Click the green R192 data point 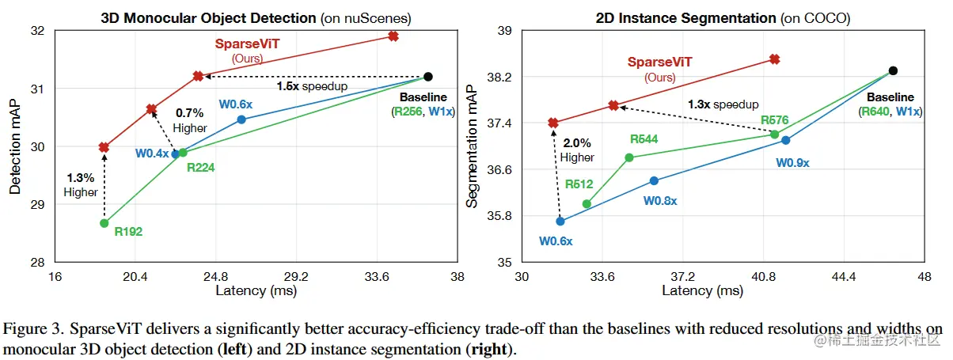[104, 223]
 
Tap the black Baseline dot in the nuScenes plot [428, 77]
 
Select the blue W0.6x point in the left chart [241, 119]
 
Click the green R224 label [199, 167]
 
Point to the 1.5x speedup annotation [312, 85]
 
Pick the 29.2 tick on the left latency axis [296, 278]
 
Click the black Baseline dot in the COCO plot [893, 70]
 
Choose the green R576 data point [775, 135]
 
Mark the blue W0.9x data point [785, 140]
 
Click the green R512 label [579, 185]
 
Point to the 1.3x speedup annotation [723, 104]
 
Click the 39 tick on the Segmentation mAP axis [504, 31]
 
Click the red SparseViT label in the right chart [659, 62]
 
